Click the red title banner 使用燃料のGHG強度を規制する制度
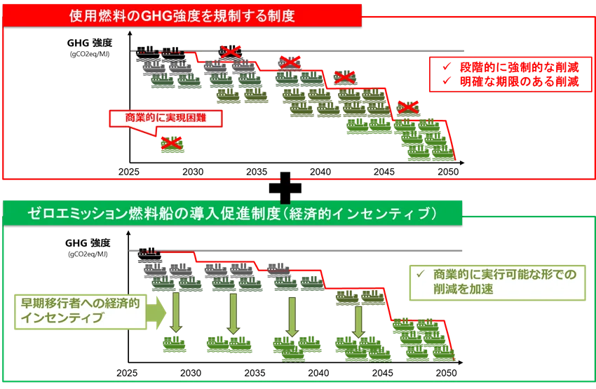click(x=182, y=16)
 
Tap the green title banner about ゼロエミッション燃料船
click(x=232, y=213)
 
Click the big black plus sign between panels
click(x=285, y=188)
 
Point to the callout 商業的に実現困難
click(x=165, y=118)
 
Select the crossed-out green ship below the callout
click(x=172, y=144)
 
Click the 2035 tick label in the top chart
click(x=257, y=172)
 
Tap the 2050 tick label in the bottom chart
click(x=446, y=373)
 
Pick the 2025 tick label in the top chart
click(x=129, y=172)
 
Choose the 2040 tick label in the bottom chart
click(x=318, y=373)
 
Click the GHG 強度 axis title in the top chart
click(x=90, y=43)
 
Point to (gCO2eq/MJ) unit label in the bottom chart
click(x=88, y=254)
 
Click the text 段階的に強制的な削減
click(x=519, y=67)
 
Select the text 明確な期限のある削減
click(x=519, y=82)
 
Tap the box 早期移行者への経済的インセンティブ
click(x=80, y=311)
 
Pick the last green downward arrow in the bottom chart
click(x=358, y=322)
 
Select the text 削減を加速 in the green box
click(x=463, y=289)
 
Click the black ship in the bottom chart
click(x=149, y=254)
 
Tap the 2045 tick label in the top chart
click(x=384, y=172)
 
